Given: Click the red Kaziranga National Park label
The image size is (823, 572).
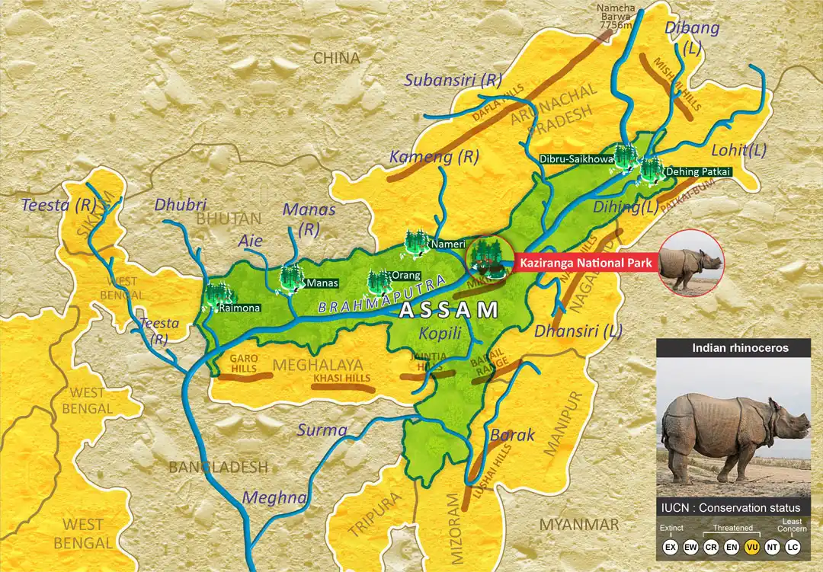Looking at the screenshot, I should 585,264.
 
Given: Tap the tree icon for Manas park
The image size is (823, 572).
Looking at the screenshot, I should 291,278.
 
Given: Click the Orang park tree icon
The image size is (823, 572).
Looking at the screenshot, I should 379,281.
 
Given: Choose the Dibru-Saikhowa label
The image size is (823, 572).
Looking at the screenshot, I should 576,159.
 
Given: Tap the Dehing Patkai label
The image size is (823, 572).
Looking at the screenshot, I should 699,172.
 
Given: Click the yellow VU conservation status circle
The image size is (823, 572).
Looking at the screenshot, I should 751,548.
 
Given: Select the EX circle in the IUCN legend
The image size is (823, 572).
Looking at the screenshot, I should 671,548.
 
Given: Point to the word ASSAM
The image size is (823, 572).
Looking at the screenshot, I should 450,310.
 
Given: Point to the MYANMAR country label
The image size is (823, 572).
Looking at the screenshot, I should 579,524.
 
